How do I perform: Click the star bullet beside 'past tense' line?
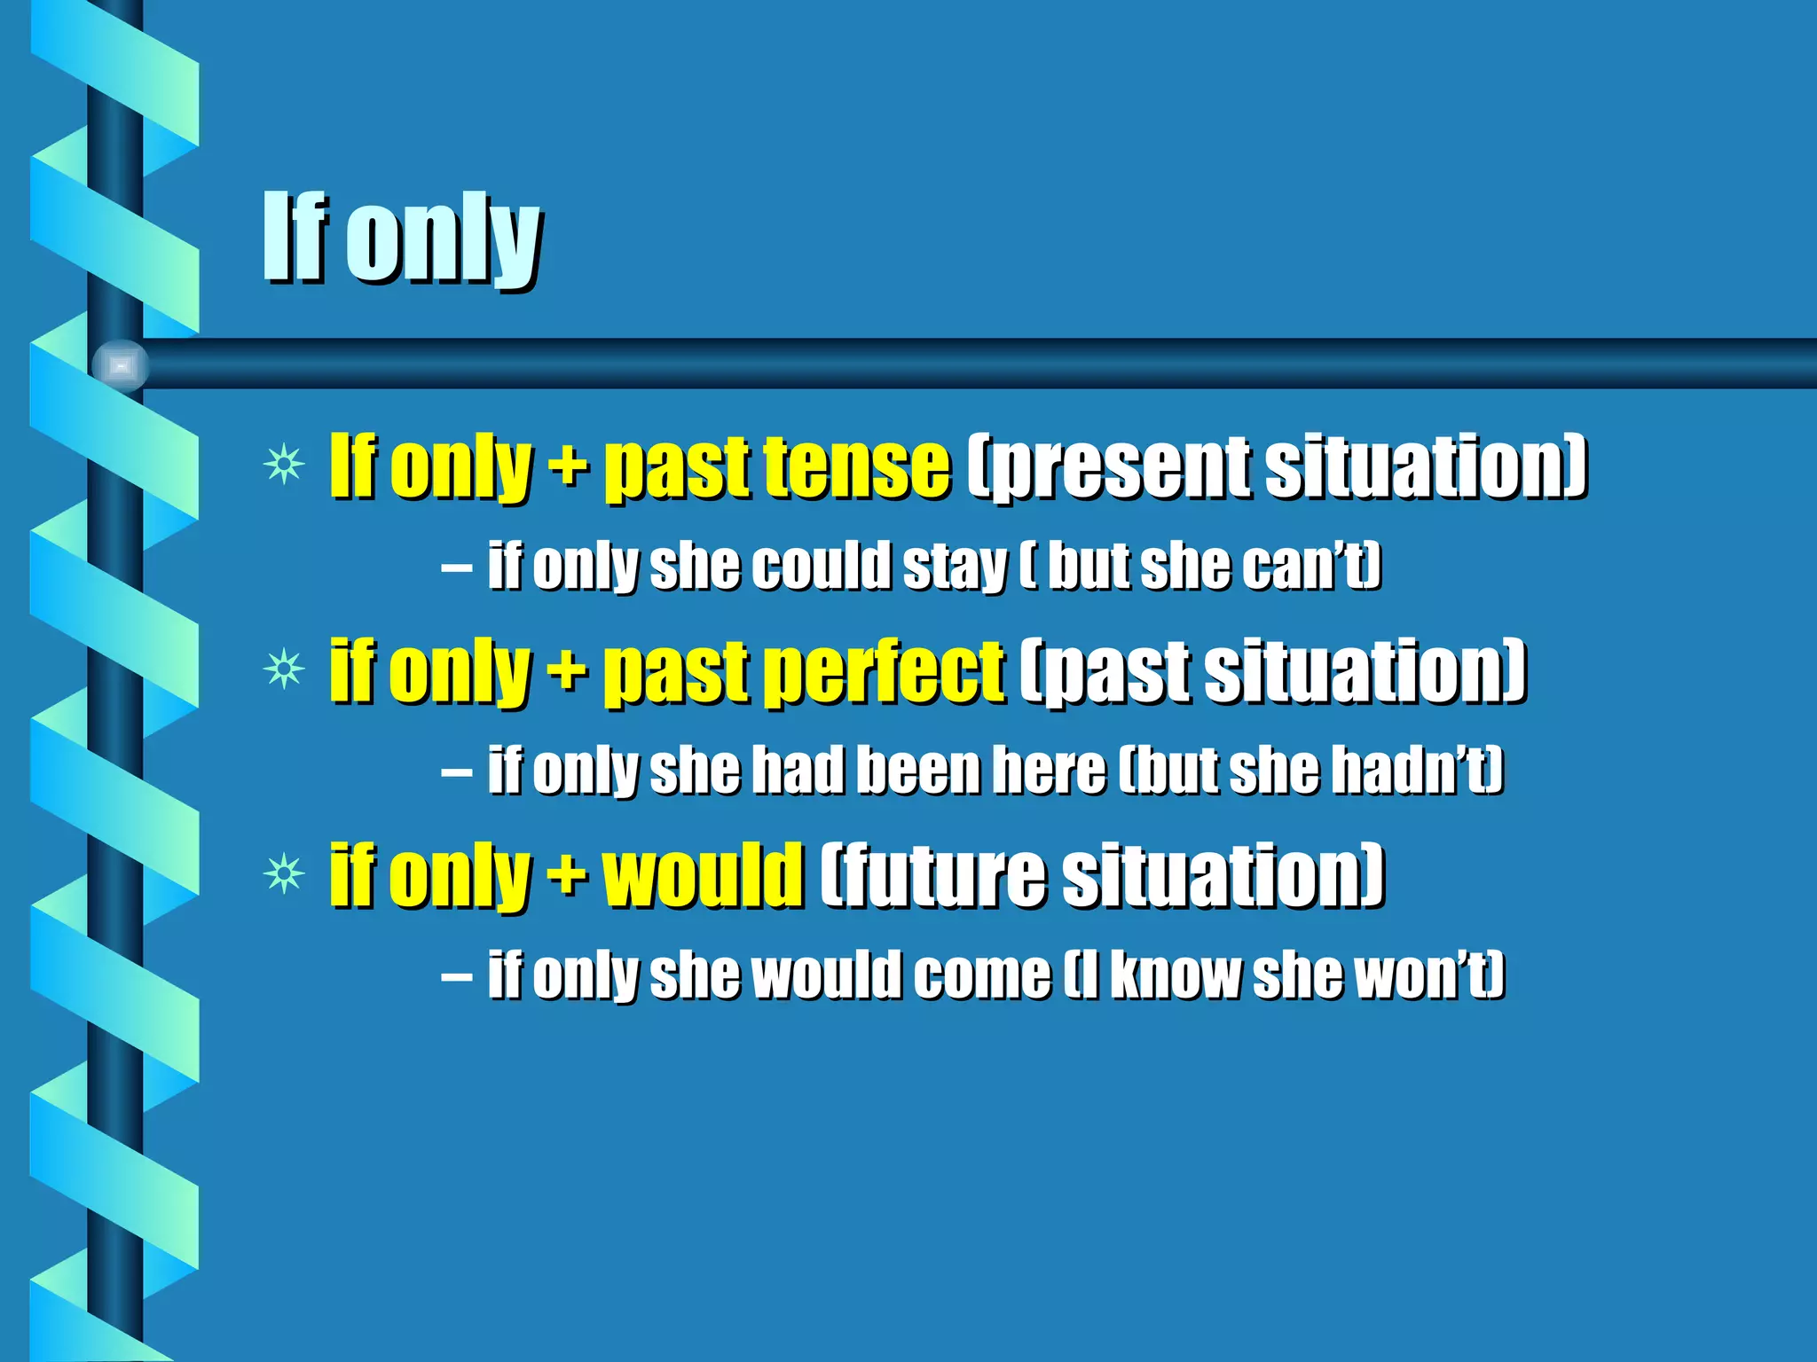(x=284, y=465)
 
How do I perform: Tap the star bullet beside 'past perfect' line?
(x=284, y=669)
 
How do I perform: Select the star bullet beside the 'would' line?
(x=284, y=875)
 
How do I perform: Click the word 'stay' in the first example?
(x=954, y=567)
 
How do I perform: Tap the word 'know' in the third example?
(x=1176, y=975)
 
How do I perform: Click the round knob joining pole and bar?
(x=121, y=364)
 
